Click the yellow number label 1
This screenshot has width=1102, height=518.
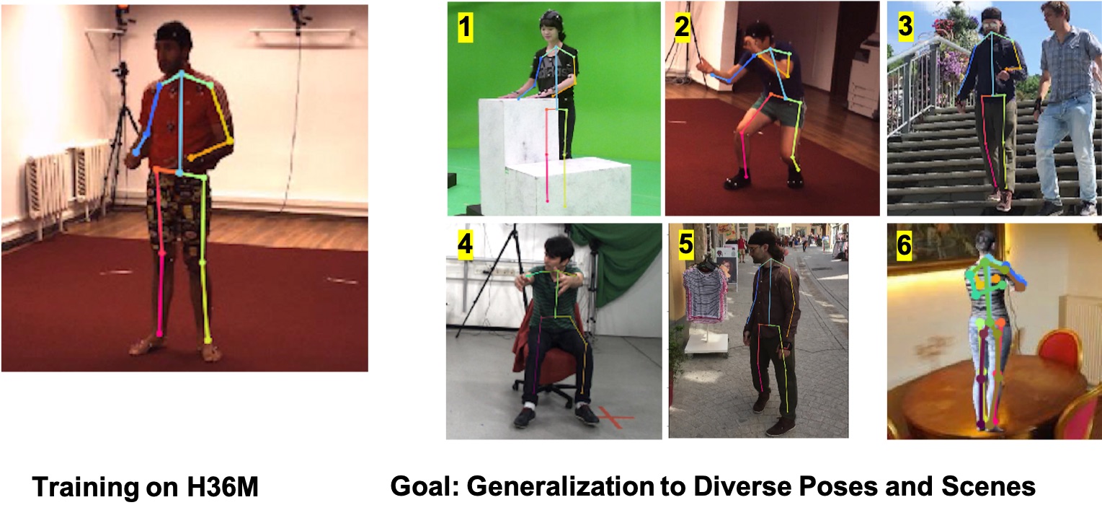466,27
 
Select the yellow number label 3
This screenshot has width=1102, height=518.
905,25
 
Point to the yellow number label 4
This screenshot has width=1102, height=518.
465,245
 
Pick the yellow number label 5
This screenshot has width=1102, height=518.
686,244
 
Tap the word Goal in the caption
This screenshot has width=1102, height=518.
424,486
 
